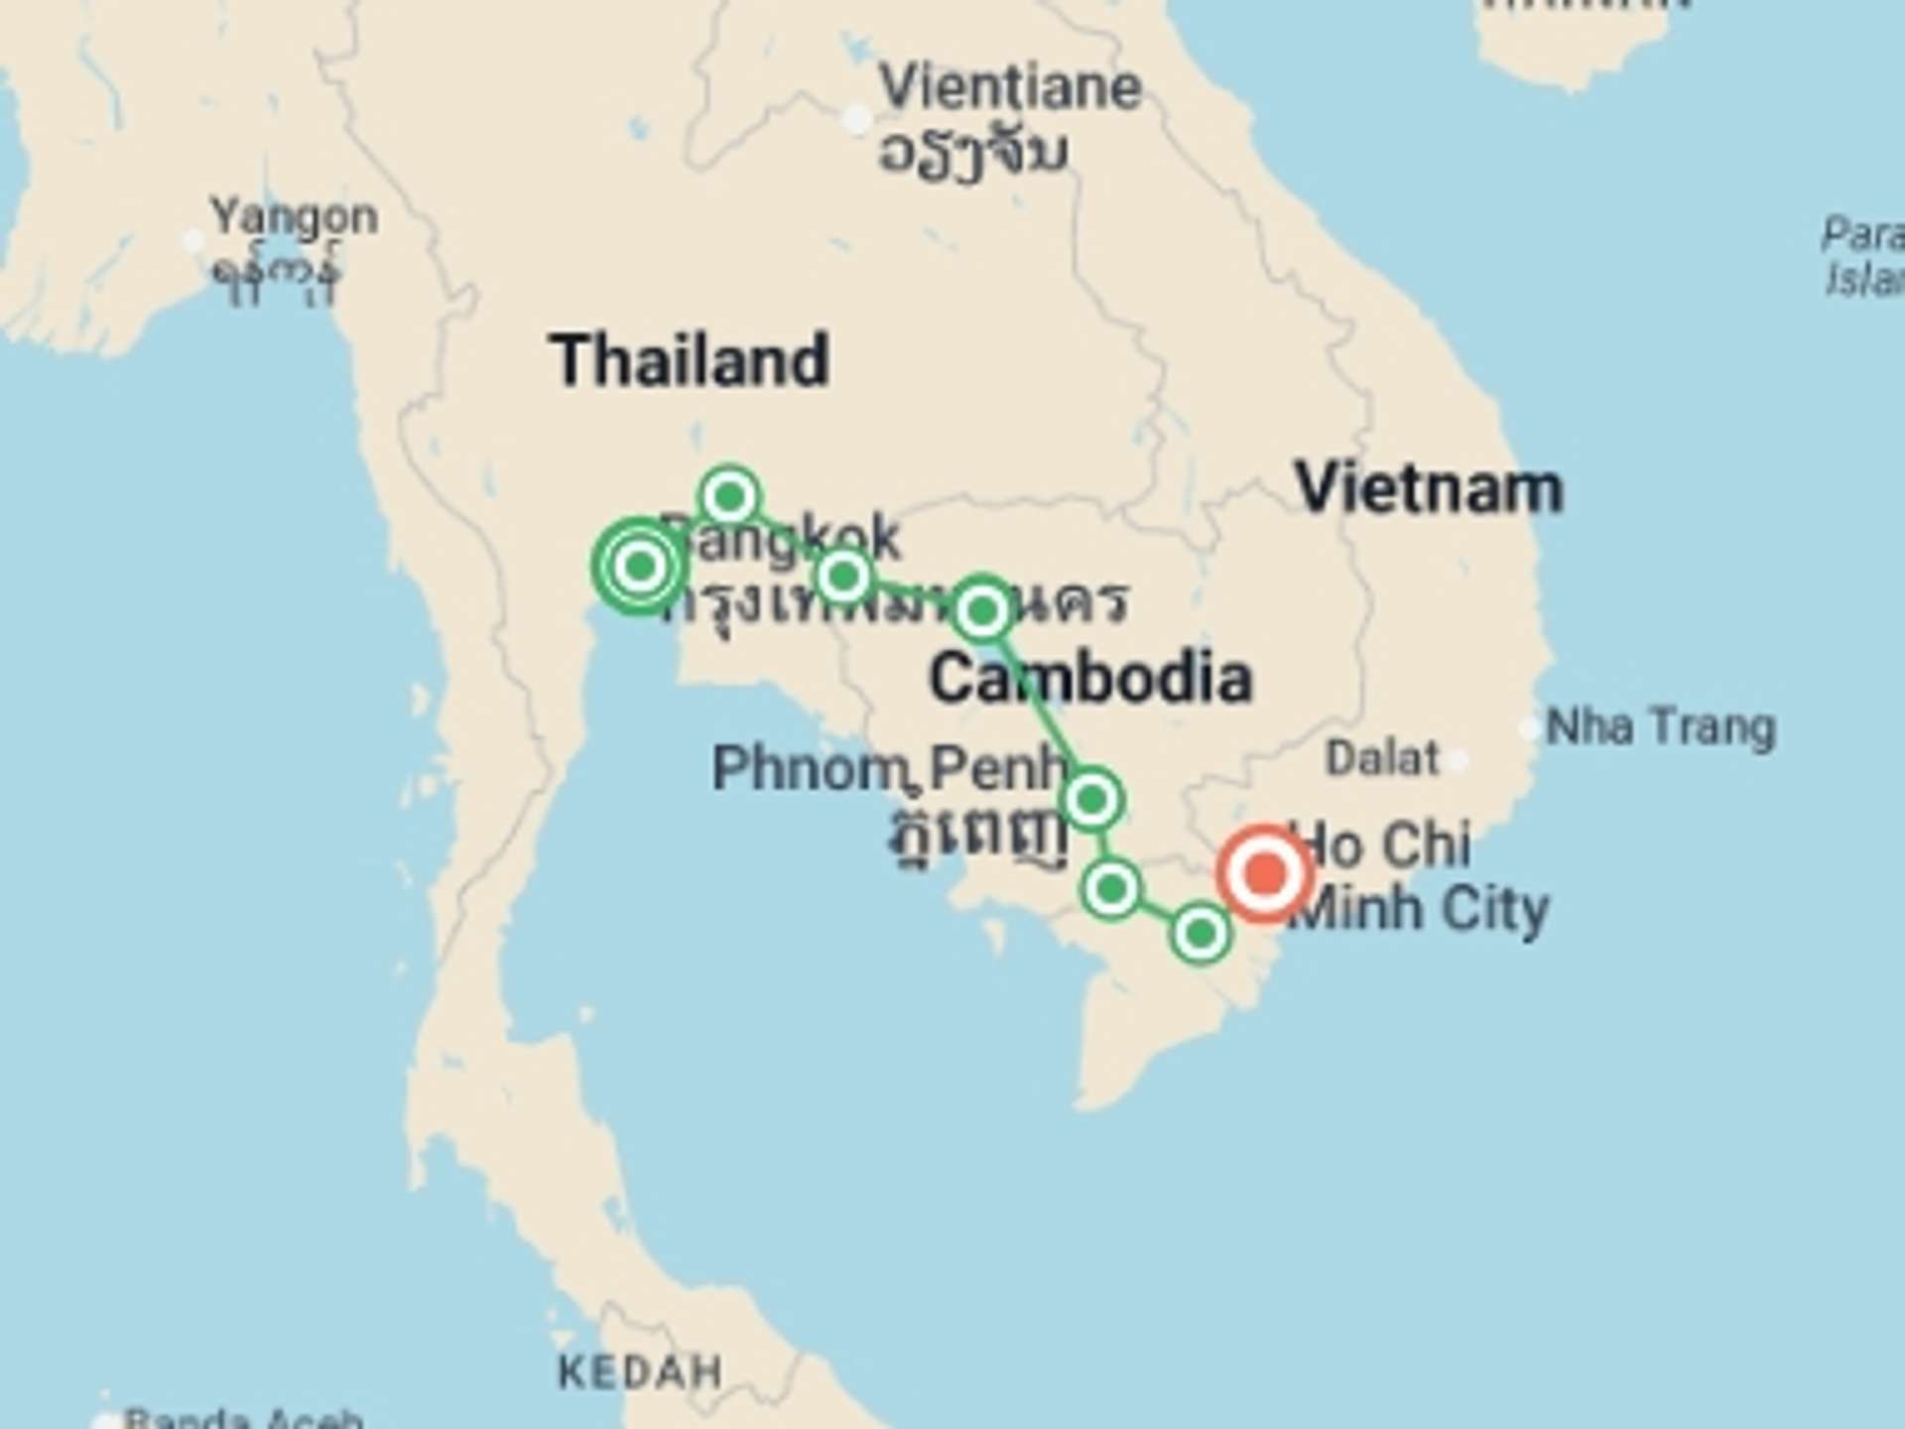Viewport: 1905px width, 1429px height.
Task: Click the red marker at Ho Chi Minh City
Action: [x=1265, y=874]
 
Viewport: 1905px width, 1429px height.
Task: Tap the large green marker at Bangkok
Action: [x=640, y=566]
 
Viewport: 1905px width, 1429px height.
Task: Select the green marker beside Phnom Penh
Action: [x=1091, y=799]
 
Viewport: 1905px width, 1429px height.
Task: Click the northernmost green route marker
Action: [x=729, y=495]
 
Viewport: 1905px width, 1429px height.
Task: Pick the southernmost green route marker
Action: [x=1201, y=933]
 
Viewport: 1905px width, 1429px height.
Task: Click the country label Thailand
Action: [x=690, y=360]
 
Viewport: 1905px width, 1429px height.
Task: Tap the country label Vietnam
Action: [x=1429, y=489]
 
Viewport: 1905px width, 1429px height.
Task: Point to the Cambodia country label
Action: [x=1089, y=679]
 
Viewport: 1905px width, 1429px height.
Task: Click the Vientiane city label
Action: [x=1010, y=87]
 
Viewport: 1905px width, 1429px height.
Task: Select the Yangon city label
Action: [x=294, y=216]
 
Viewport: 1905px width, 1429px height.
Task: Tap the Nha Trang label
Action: [x=1661, y=727]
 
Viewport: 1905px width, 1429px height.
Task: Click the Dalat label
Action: [x=1382, y=759]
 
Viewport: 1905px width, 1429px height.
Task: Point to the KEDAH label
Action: [x=640, y=1372]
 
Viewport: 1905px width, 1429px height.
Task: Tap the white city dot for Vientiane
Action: [x=856, y=119]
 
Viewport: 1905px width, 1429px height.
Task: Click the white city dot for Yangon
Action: [x=193, y=240]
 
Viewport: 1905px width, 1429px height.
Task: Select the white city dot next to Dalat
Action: [x=1456, y=761]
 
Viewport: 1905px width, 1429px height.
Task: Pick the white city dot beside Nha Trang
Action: [x=1529, y=728]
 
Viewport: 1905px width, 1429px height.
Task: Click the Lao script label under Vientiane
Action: [x=972, y=154]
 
